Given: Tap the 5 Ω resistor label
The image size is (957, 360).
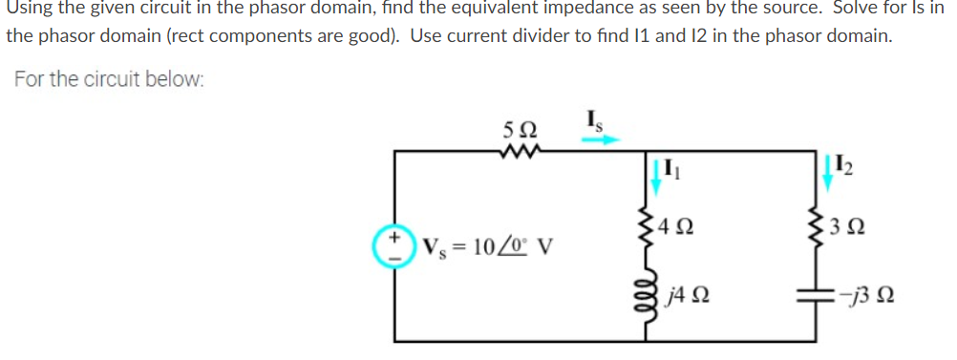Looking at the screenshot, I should [519, 128].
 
